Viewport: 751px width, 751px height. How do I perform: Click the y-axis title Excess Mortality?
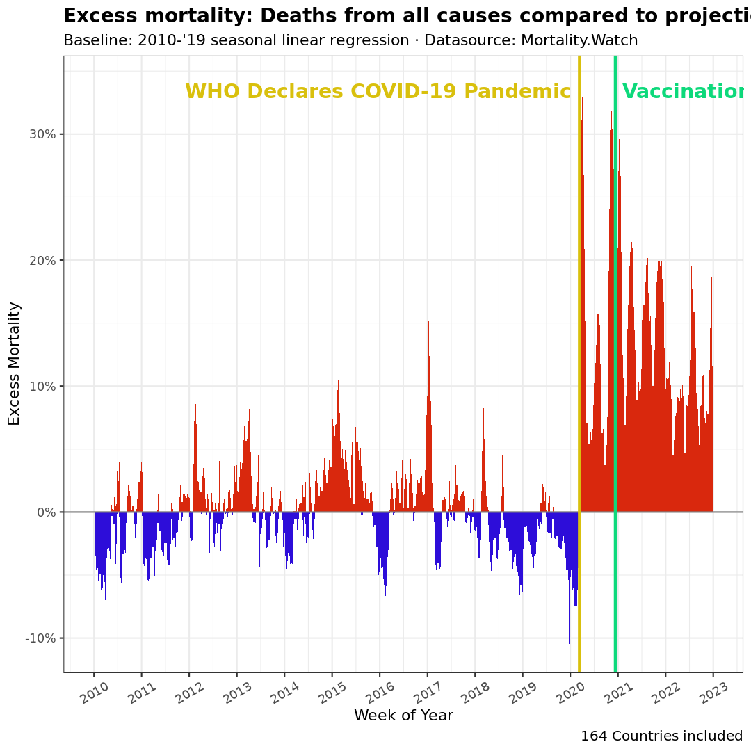pyautogui.click(x=14, y=363)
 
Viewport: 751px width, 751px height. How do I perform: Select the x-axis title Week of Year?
pyautogui.click(x=403, y=716)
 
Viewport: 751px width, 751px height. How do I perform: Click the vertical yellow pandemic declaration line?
pyautogui.click(x=579, y=348)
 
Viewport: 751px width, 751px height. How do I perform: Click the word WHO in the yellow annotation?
pyautogui.click(x=213, y=92)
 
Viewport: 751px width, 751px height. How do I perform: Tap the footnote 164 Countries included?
pyautogui.click(x=661, y=736)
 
